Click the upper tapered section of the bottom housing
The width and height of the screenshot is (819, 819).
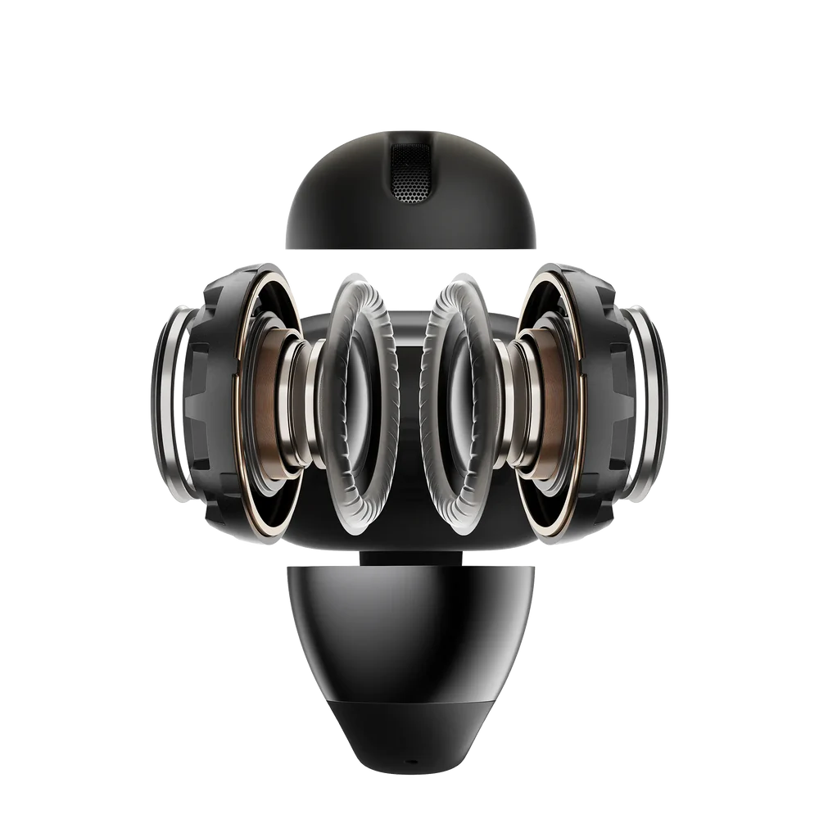click(x=409, y=622)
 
